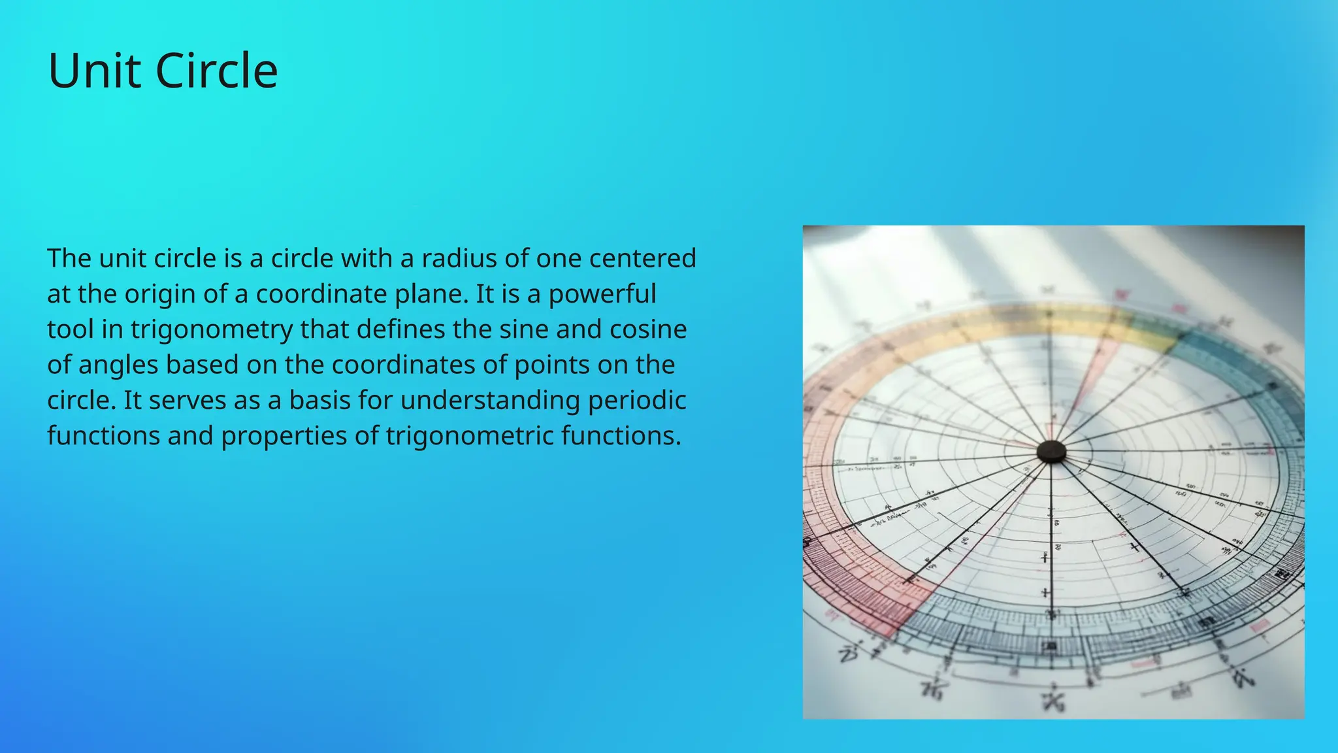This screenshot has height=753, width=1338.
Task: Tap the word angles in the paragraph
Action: point(118,365)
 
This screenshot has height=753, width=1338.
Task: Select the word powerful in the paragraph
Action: point(602,295)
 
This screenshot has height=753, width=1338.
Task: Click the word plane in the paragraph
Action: point(428,295)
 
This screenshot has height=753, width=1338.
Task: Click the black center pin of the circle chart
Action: point(1051,451)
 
